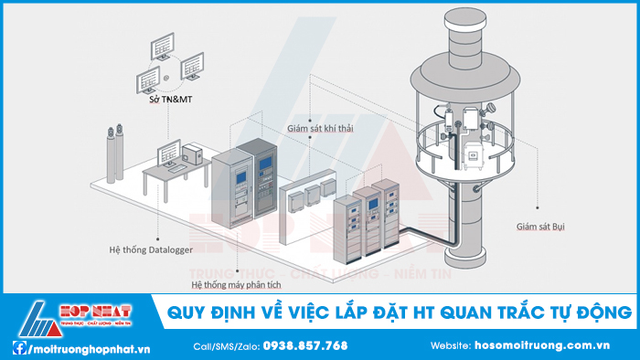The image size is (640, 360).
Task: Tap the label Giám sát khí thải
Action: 319,129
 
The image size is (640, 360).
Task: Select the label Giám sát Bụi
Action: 539,224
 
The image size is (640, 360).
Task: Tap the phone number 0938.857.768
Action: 304,346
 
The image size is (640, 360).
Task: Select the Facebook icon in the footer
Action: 18,347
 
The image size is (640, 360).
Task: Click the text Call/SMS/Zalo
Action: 226,346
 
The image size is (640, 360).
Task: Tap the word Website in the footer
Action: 451,346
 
